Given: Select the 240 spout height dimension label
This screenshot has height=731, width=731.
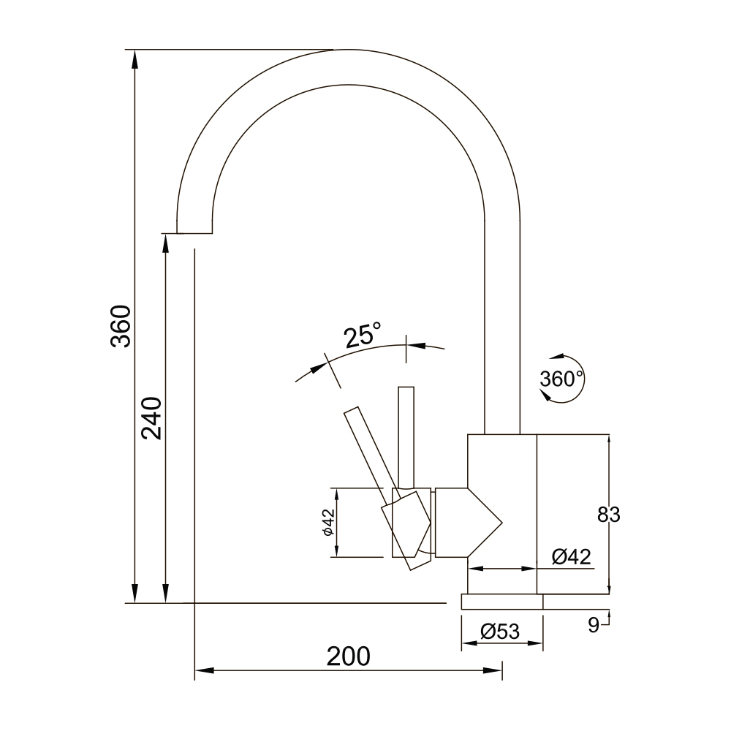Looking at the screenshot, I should coord(151,418).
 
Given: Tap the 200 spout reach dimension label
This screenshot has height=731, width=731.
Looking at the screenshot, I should coord(348,656).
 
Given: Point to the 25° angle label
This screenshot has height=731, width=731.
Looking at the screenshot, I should coord(363,336).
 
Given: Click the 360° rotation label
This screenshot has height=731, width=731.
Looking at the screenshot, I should coord(561,379).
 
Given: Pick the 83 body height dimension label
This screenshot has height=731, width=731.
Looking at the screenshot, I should coord(608,515).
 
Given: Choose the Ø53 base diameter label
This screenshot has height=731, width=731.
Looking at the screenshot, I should coord(501,631).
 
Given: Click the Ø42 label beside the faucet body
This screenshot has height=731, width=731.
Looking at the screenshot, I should coord(572,557).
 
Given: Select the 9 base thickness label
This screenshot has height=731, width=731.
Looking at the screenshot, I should coord(594,624).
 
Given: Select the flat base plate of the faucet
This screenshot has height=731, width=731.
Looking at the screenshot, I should coord(501,602).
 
